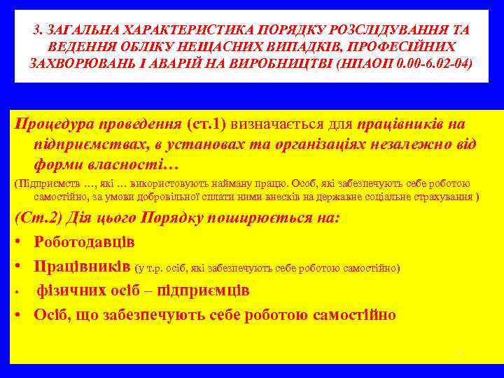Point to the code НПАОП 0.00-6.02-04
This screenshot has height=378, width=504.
[405, 62]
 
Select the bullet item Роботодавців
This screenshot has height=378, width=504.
[85, 242]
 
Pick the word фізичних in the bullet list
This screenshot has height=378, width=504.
[71, 290]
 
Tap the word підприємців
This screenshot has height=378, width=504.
[211, 290]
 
